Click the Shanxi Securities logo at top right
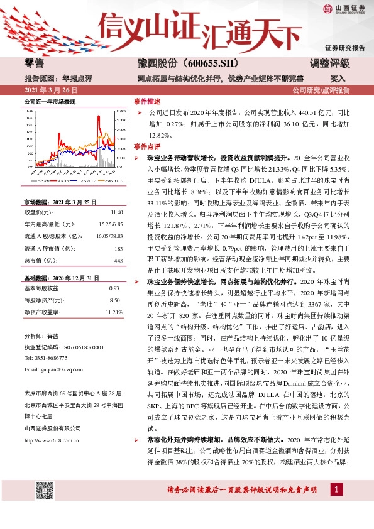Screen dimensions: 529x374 [343, 9]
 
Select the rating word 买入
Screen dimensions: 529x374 [338, 79]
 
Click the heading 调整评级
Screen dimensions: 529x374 [331, 63]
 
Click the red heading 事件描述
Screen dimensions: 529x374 [148, 101]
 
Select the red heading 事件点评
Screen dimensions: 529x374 [148, 145]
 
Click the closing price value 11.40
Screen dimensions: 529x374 [116, 213]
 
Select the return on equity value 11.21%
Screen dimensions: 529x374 [114, 312]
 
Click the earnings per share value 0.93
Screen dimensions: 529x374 [114, 288]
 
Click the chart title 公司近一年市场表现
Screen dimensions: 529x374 [50, 101]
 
